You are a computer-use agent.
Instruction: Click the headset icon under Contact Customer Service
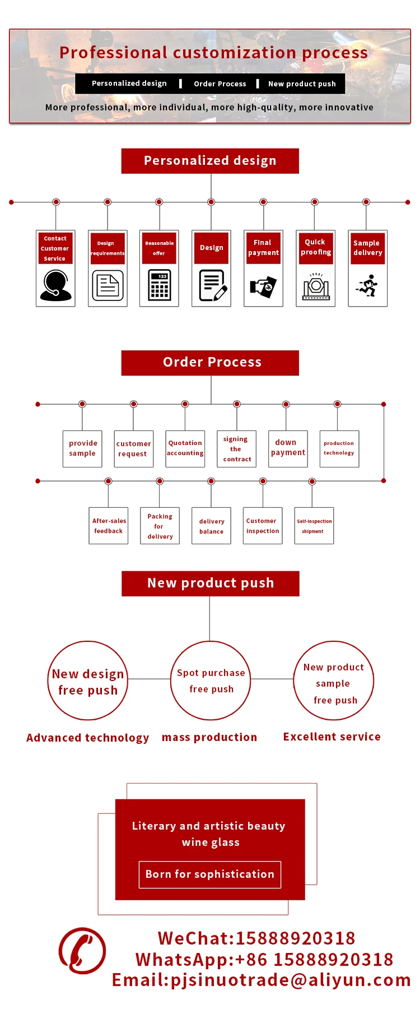(x=55, y=285)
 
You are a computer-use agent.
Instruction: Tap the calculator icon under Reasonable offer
(x=159, y=285)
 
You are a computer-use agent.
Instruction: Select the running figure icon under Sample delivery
(x=367, y=285)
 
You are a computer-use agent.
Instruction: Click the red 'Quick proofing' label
(x=316, y=247)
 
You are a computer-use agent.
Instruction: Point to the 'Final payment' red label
(x=263, y=247)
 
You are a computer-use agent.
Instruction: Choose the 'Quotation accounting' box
(x=185, y=448)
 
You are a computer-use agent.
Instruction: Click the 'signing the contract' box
(x=237, y=448)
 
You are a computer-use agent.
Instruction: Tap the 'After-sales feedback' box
(x=109, y=526)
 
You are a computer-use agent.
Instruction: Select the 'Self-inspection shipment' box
(x=314, y=526)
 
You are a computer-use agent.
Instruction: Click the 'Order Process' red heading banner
(x=211, y=362)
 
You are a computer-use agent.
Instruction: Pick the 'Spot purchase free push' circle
(x=211, y=681)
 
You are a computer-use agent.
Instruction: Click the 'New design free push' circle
(x=88, y=681)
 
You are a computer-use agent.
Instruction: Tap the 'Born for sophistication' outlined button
(x=210, y=874)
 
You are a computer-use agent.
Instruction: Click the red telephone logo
(x=82, y=951)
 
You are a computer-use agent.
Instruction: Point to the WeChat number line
(x=256, y=938)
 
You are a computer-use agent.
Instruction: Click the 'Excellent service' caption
(x=332, y=737)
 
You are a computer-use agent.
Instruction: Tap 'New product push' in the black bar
(x=302, y=84)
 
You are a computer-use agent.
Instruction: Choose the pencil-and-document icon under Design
(x=212, y=285)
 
